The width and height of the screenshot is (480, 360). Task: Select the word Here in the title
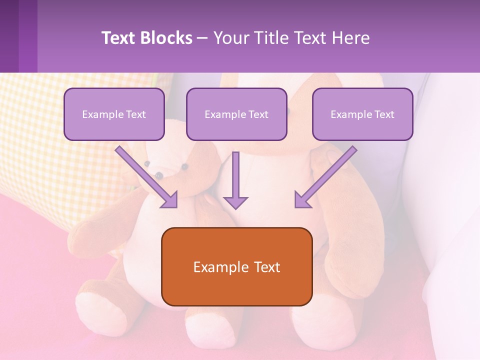point(351,38)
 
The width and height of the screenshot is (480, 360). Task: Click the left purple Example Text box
point(114,114)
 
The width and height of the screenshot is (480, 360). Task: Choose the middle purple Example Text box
point(236,114)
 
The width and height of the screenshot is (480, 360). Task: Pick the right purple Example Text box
point(362,114)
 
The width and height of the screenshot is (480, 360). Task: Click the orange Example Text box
point(236,266)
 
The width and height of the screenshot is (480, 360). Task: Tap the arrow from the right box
point(325,176)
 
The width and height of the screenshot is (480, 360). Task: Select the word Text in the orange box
point(268,266)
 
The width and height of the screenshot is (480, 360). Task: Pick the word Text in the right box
point(384,114)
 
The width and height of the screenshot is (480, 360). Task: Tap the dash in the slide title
point(202,38)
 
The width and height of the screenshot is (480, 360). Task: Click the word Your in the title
point(230,38)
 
